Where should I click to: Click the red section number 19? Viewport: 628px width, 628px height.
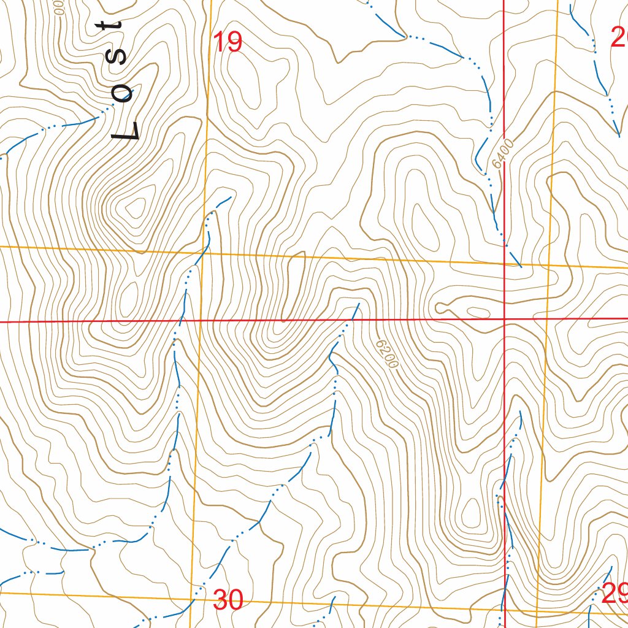pyautogui.click(x=228, y=42)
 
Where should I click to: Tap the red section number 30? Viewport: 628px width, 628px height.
pyautogui.click(x=228, y=600)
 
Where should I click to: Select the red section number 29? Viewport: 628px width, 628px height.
pyautogui.click(x=615, y=593)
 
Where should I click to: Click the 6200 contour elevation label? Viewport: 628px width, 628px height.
pyautogui.click(x=388, y=354)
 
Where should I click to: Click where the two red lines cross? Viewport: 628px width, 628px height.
pyautogui.click(x=504, y=320)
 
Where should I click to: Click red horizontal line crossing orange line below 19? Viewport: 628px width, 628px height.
pyautogui.click(x=200, y=320)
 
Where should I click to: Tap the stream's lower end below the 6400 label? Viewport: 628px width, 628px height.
pyautogui.click(x=521, y=267)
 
